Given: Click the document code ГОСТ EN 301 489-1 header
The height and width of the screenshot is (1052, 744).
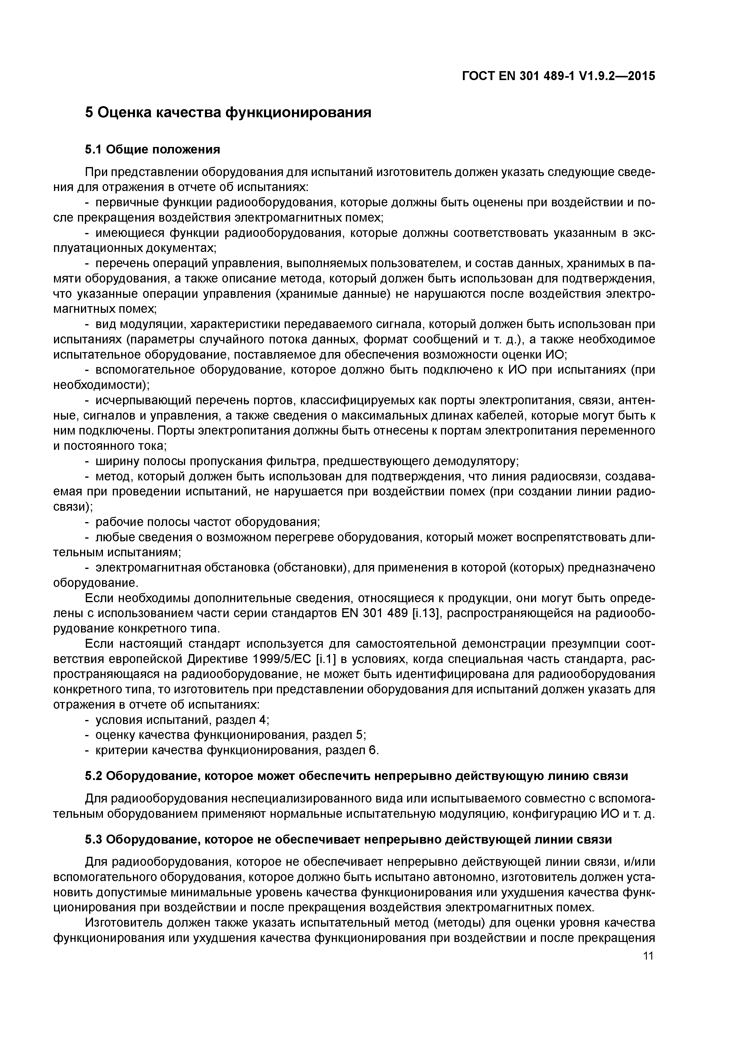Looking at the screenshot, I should pos(558,76).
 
